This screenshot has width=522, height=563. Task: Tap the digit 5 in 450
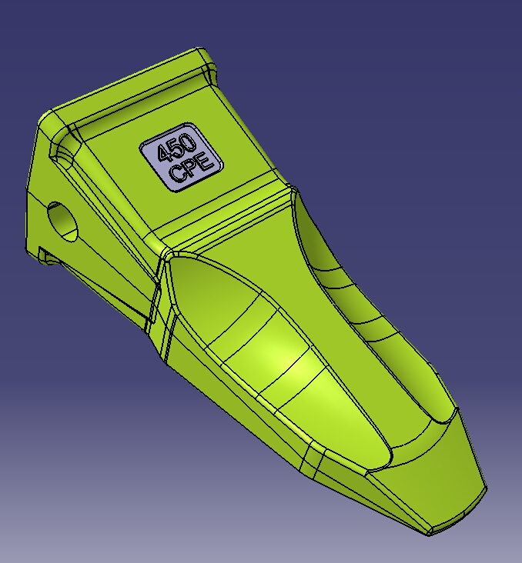(178, 147)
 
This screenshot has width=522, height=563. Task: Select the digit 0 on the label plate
(189, 141)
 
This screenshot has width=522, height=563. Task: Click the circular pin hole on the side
(62, 222)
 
